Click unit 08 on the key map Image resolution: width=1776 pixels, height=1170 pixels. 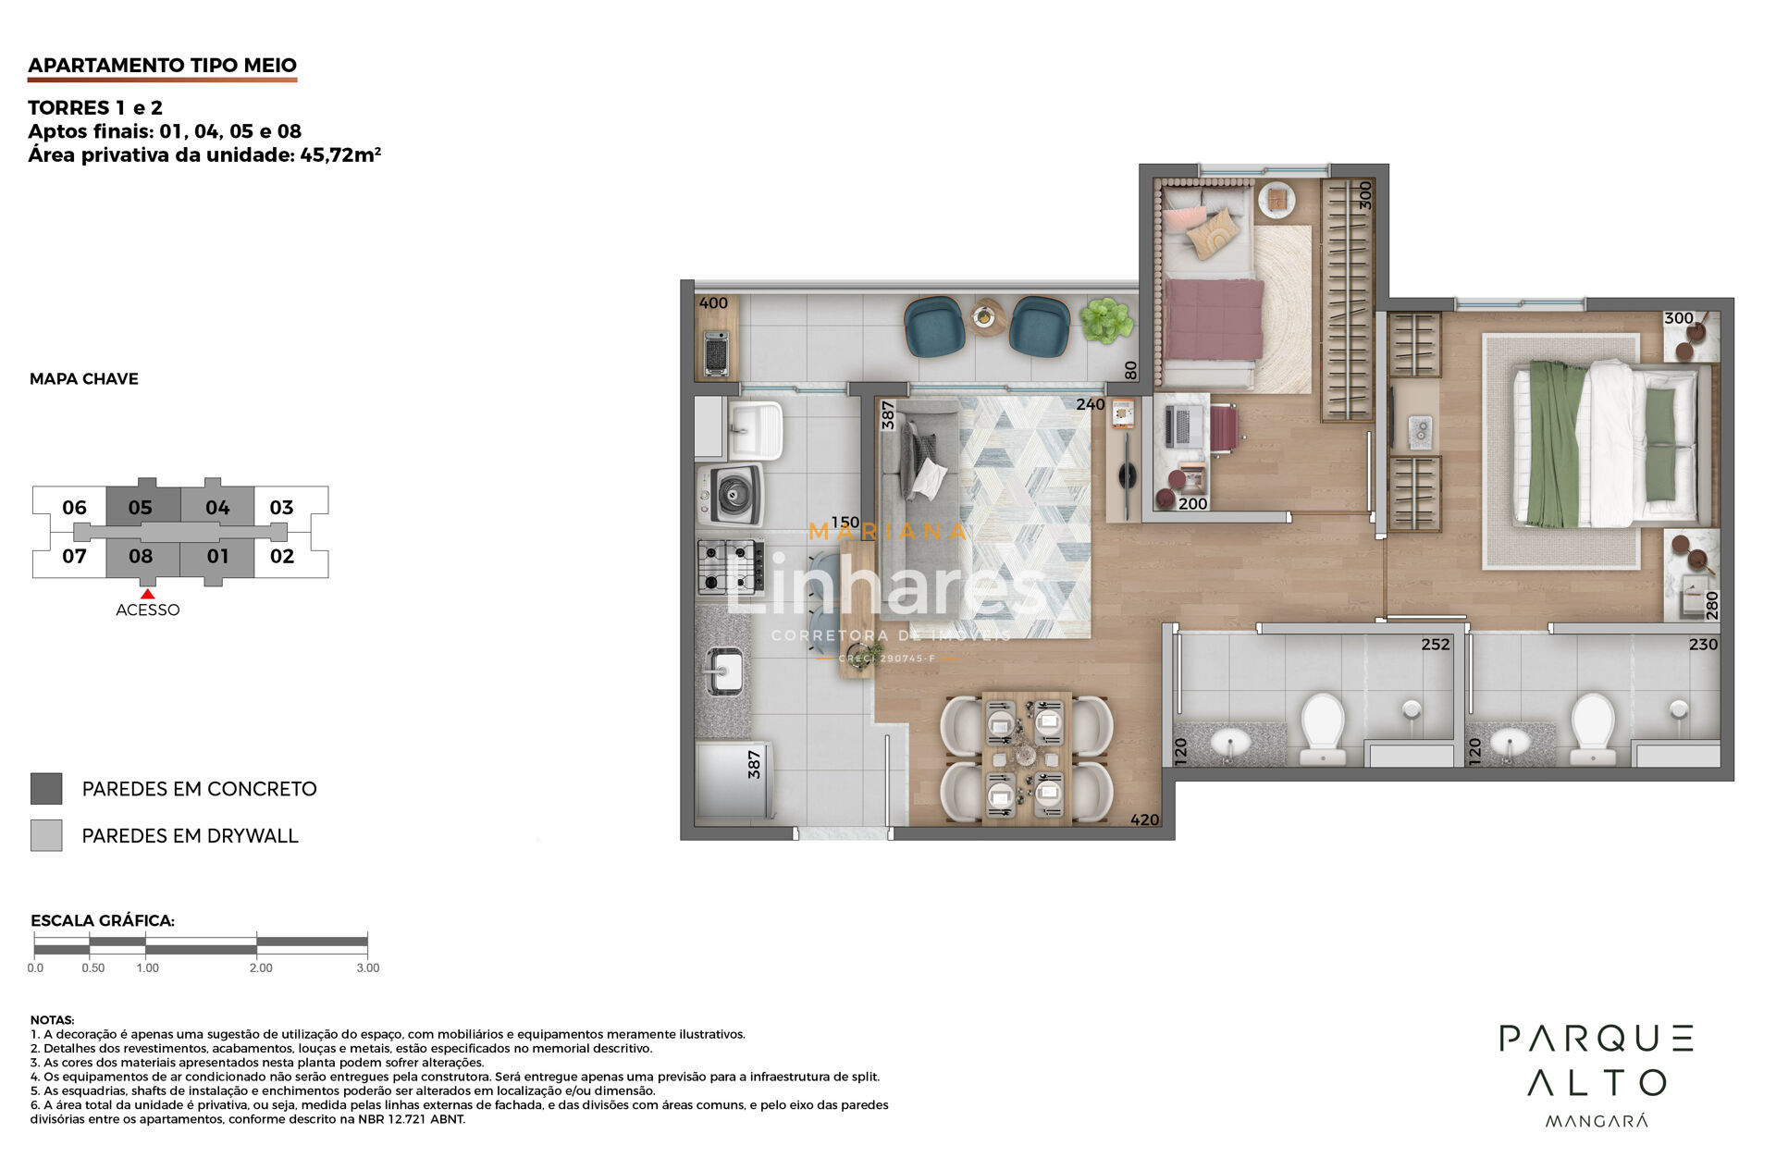(x=141, y=556)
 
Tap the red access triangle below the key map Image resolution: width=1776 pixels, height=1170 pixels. (x=147, y=594)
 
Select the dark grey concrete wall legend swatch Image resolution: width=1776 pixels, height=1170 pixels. (x=46, y=789)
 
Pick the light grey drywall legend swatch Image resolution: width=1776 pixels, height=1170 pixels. (x=46, y=835)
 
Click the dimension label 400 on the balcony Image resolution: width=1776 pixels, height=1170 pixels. (x=713, y=303)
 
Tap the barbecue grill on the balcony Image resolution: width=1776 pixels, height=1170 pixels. (x=716, y=353)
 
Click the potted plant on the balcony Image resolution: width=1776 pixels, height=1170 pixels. (x=1106, y=320)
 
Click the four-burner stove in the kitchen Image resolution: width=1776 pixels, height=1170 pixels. (x=731, y=566)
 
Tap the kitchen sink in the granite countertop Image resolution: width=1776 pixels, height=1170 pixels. (x=723, y=670)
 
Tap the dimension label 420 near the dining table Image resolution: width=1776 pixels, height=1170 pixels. (x=1144, y=819)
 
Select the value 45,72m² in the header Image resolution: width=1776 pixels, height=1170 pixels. (x=340, y=154)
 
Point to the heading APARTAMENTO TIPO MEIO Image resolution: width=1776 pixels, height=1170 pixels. (x=163, y=65)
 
